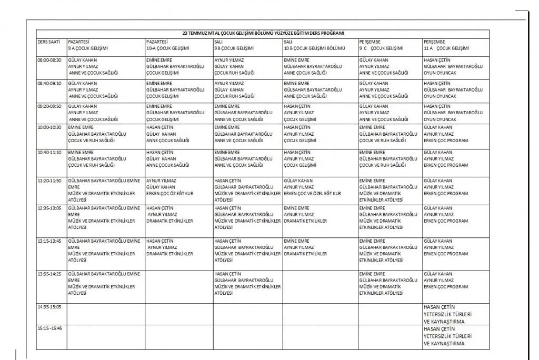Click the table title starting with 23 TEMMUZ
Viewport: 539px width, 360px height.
pos(263,33)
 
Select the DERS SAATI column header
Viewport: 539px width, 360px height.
pos(48,41)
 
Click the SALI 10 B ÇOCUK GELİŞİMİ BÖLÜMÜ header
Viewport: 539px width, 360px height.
pos(314,45)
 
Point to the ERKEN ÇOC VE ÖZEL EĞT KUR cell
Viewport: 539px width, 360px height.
pos(313,194)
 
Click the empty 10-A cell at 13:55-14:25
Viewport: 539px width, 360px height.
pos(179,286)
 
